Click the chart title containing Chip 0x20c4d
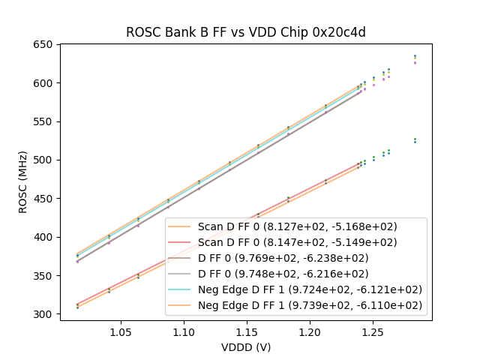click(x=245, y=32)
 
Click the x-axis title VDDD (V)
click(x=245, y=347)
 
